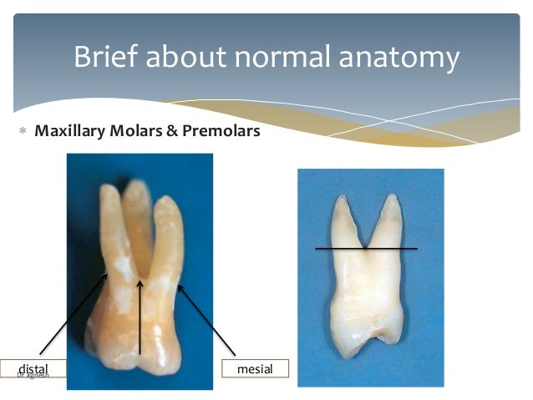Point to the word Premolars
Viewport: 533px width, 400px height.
tap(223, 132)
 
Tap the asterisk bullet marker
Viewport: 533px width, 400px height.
tap(19, 133)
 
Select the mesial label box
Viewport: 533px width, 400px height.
tap(255, 367)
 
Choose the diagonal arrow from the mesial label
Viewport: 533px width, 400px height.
tap(209, 322)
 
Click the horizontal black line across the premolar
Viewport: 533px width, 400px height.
tap(366, 248)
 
